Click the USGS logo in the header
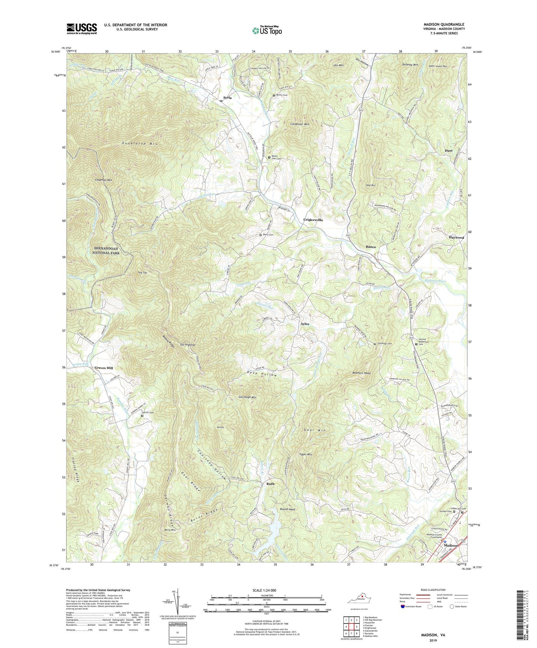[x=82, y=29]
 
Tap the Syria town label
[x=227, y=98]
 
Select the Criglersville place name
[x=313, y=220]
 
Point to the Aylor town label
[x=305, y=324]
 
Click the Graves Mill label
[x=104, y=368]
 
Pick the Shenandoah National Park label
[x=106, y=251]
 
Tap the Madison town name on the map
[x=451, y=546]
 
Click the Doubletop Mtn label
[x=140, y=143]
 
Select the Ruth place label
[x=270, y=484]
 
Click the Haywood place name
[x=456, y=238]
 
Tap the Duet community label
[x=449, y=151]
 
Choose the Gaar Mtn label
[x=314, y=430]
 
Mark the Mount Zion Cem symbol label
[x=276, y=157]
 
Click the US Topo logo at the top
[x=267, y=30]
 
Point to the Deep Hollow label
[x=262, y=375]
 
